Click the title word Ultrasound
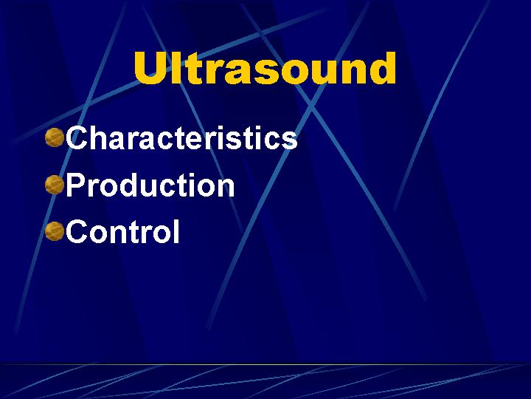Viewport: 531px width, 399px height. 265,68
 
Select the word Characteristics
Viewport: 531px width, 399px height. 181,137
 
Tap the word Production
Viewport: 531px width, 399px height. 150,185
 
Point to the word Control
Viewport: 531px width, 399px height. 122,231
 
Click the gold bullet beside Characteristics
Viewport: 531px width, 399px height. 54,137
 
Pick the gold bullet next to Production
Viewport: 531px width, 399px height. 54,185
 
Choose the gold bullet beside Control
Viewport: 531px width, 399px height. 54,231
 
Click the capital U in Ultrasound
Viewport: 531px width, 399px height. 150,68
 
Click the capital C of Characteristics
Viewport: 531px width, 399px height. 77,137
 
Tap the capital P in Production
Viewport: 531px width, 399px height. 75,184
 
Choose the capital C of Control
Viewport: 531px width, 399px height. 77,231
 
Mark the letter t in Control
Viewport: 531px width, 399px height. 137,233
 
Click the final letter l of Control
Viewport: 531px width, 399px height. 176,231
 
